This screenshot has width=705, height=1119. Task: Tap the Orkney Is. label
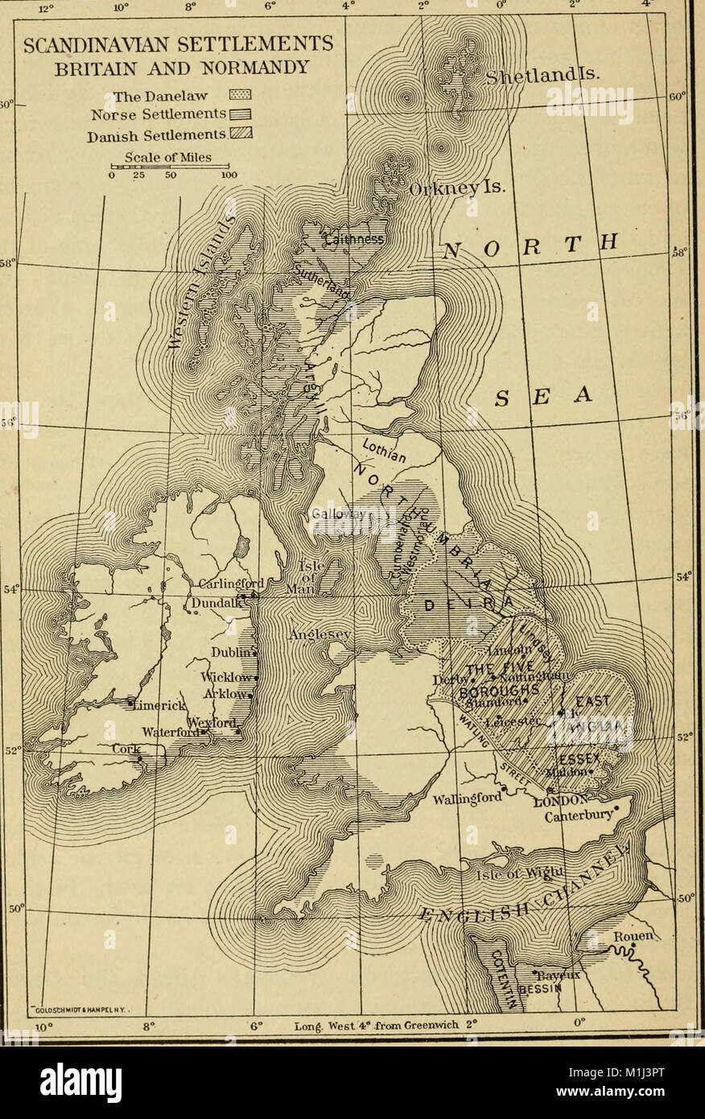pyautogui.click(x=456, y=189)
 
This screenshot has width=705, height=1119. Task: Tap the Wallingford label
pyautogui.click(x=468, y=800)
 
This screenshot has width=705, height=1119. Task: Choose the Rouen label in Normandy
pyautogui.click(x=633, y=938)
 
